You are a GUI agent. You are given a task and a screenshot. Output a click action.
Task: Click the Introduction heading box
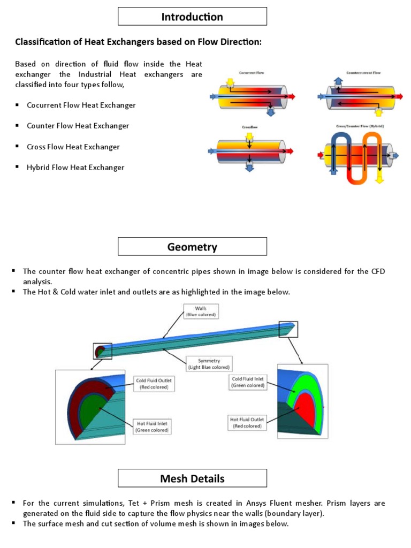(x=192, y=17)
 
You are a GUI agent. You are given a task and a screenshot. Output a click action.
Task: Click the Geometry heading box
(x=192, y=247)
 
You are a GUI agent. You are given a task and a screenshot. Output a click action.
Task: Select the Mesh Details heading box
(x=192, y=478)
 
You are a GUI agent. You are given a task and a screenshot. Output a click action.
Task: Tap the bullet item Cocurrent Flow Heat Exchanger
(x=81, y=105)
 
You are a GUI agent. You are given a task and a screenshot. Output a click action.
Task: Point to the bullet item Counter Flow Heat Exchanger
(x=78, y=126)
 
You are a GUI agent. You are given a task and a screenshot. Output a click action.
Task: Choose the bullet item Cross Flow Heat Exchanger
(x=73, y=147)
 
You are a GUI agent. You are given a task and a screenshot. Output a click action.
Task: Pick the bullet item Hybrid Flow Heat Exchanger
(x=75, y=168)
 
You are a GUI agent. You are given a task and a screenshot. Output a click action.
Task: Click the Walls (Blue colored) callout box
(x=201, y=311)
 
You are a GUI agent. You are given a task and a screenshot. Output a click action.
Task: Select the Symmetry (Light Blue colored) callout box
(x=208, y=363)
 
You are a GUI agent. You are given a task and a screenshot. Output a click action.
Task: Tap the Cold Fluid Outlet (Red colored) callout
(x=155, y=383)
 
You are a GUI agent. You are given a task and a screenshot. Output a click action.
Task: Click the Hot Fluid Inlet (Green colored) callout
(x=154, y=426)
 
